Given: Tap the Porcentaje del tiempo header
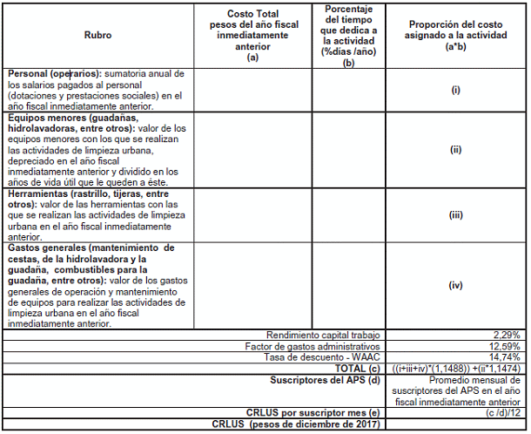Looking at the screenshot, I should click(x=348, y=35).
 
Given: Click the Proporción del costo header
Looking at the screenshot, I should click(x=455, y=35).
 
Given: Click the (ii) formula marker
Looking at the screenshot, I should click(x=455, y=149).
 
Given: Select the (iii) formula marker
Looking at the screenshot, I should click(x=455, y=214).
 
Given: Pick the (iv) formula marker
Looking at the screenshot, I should click(x=455, y=285).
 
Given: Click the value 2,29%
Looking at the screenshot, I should click(x=507, y=335).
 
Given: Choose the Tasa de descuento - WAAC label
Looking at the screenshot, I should click(x=324, y=357).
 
